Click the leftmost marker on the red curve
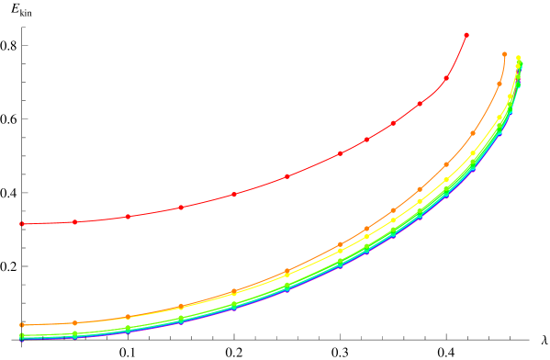pos(22,224)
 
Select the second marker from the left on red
pos(75,222)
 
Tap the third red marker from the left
pos(128,217)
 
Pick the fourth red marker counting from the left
pos(181,208)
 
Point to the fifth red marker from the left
pos(234,194)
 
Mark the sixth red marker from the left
pos(287,176)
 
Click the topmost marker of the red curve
pos(466,35)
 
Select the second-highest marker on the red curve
pos(446,78)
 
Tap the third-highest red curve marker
pos(420,104)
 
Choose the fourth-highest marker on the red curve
pos(393,123)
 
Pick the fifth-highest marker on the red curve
pos(366,140)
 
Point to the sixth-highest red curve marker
pos(340,153)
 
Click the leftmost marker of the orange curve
pos(22,325)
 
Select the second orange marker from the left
pos(75,322)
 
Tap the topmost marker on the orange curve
pos(505,54)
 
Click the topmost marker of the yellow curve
pos(519,58)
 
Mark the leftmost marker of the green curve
pos(22,336)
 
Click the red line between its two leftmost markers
pos(49,223)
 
